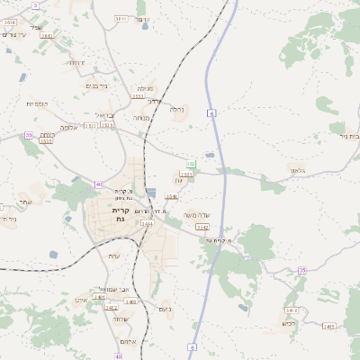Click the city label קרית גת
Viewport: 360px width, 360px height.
[x=121, y=214]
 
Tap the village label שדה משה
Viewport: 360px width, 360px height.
[x=195, y=214]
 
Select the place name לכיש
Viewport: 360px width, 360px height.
[x=289, y=323]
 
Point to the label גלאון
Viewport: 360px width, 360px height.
[x=298, y=168]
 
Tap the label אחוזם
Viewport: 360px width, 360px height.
[x=125, y=343]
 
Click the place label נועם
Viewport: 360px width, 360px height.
[x=165, y=310]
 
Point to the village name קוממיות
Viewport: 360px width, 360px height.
[x=37, y=104]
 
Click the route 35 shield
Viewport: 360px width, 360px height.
[x=302, y=270]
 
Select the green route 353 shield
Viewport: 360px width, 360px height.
[x=191, y=164]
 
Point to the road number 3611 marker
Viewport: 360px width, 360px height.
[x=121, y=18]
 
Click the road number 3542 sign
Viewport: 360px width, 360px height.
[x=202, y=228]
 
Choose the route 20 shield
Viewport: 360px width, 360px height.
[x=29, y=135]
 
